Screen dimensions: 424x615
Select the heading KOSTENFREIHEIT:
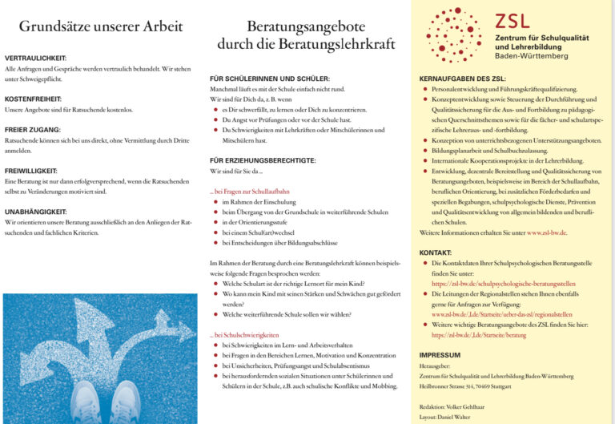(x=34, y=99)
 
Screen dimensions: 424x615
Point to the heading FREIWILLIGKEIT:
(x=32, y=170)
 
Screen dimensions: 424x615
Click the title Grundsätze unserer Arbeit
(x=101, y=26)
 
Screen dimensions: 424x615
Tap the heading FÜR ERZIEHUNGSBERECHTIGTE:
(x=263, y=160)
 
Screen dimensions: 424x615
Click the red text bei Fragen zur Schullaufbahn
(x=249, y=192)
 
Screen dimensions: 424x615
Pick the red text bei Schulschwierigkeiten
(x=246, y=334)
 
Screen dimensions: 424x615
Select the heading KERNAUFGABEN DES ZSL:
(x=462, y=79)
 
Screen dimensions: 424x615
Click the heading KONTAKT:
(x=436, y=252)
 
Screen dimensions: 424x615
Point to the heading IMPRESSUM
(x=440, y=354)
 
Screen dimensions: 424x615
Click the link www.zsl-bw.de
(x=547, y=232)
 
